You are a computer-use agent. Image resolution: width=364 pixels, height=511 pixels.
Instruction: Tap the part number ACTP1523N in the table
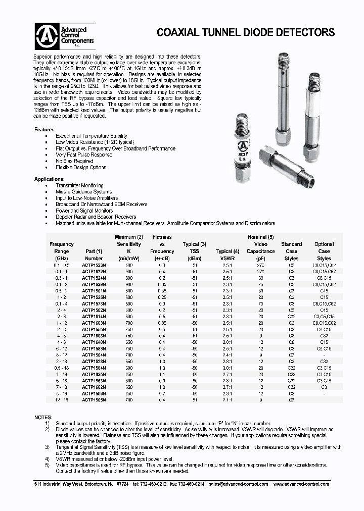tap(94, 265)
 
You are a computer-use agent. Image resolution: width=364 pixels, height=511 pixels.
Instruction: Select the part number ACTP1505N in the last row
tap(94, 399)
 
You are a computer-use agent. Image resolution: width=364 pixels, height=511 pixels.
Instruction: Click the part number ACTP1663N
tap(94, 322)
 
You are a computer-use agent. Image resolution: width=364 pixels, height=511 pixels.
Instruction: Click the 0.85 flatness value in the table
tap(162, 322)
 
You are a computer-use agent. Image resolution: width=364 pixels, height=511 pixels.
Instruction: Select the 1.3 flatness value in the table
tap(162, 368)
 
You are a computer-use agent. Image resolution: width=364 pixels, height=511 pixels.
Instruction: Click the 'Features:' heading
tap(45, 129)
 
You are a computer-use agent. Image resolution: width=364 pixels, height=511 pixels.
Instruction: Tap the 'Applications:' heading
tap(49, 179)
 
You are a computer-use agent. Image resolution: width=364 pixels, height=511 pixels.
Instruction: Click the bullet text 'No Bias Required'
tap(74, 161)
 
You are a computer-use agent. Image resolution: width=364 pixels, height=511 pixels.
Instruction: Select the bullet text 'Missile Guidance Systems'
tap(83, 192)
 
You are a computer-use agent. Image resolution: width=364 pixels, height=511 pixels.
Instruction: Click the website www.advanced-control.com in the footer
tap(301, 484)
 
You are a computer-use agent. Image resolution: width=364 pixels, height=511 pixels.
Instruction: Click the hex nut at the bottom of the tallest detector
tap(284, 136)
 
